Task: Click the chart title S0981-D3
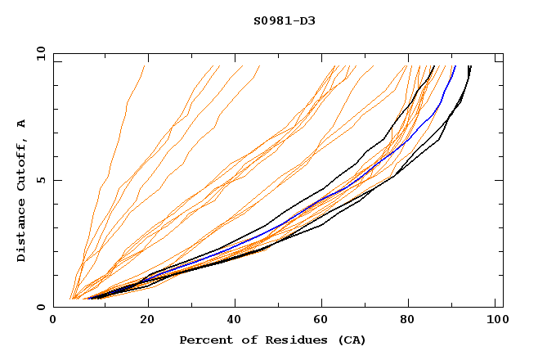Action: pos(284,20)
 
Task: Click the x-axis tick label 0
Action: pos(53,321)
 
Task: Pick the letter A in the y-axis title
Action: pos(21,124)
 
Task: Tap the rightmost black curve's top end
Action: pos(470,66)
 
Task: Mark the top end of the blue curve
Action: pos(455,66)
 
